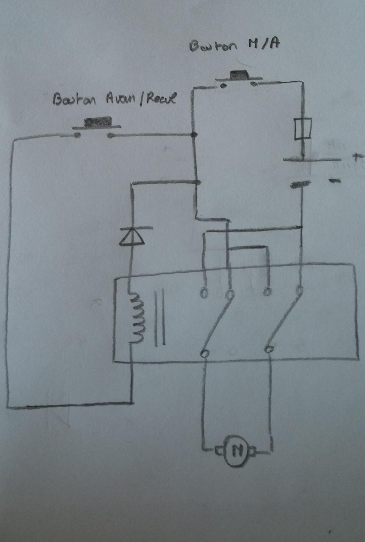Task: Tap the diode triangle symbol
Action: [x=132, y=237]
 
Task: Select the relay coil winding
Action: [x=137, y=318]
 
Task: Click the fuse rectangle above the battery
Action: [x=303, y=129]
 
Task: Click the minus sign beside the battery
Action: [x=335, y=181]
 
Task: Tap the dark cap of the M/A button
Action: [x=240, y=74]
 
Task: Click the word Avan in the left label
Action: [x=120, y=99]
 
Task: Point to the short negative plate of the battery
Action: [x=300, y=185]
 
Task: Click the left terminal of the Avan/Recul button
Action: [x=77, y=135]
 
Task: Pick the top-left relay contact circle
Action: [x=204, y=293]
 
